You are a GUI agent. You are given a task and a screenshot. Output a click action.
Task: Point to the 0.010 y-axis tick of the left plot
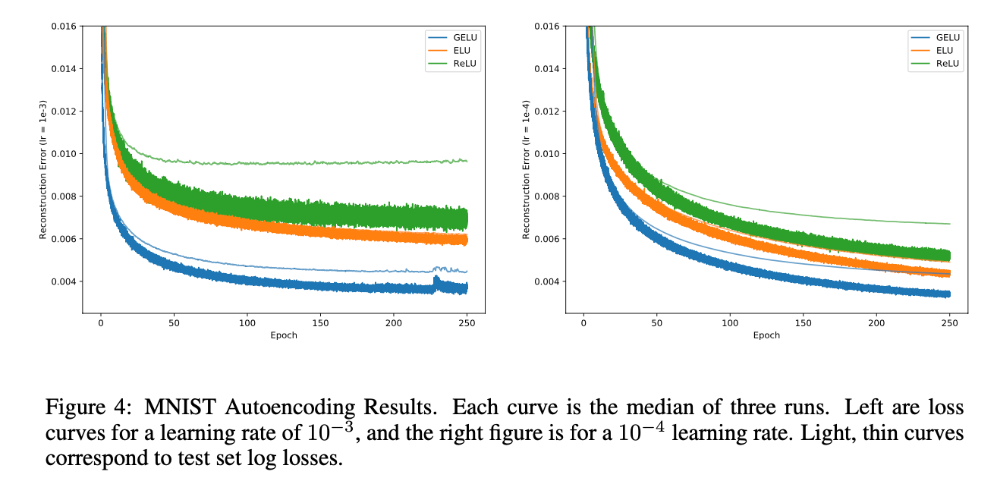63,154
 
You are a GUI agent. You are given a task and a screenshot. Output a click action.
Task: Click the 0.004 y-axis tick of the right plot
546,281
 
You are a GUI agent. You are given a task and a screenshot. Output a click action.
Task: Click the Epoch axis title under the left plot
284,335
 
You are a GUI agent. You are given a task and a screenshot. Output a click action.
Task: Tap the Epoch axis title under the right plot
766,335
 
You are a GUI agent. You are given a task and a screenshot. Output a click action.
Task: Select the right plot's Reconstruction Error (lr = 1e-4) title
526,169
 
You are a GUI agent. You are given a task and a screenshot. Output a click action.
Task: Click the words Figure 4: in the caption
79,407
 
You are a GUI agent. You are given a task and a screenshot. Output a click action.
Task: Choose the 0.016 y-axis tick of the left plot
63,27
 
